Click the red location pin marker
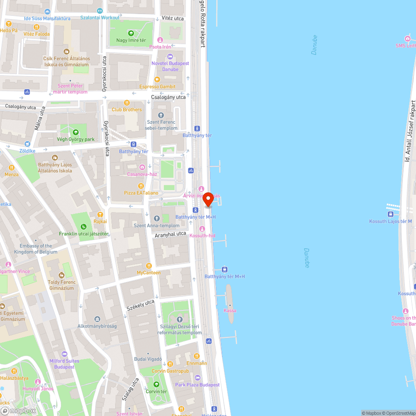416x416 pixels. pyautogui.click(x=208, y=199)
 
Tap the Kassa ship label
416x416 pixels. pyautogui.click(x=230, y=310)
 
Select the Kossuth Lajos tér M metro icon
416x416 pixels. pyautogui.click(x=390, y=214)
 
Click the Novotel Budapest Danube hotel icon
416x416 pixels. pyautogui.click(x=169, y=57)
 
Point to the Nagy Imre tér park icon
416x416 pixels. pyautogui.click(x=131, y=33)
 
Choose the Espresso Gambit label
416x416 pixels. pyautogui.click(x=157, y=87)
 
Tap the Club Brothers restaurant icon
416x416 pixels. pyautogui.click(x=127, y=103)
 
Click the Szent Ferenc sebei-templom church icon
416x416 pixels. pyautogui.click(x=161, y=115)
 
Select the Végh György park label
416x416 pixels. pyautogui.click(x=76, y=139)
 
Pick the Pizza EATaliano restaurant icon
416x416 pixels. pyautogui.click(x=141, y=186)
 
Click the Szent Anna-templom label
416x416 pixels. pyautogui.click(x=156, y=225)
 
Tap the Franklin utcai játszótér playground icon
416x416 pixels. pyautogui.click(x=84, y=227)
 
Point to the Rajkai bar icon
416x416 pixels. pyautogui.click(x=100, y=215)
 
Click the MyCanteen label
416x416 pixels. pyautogui.click(x=149, y=273)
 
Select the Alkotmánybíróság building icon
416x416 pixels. pyautogui.click(x=97, y=319)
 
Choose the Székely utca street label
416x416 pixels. pyautogui.click(x=141, y=305)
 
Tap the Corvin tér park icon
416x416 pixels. pyautogui.click(x=156, y=384)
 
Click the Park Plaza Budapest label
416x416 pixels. pyautogui.click(x=197, y=385)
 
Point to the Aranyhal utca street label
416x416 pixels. pyautogui.click(x=170, y=234)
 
